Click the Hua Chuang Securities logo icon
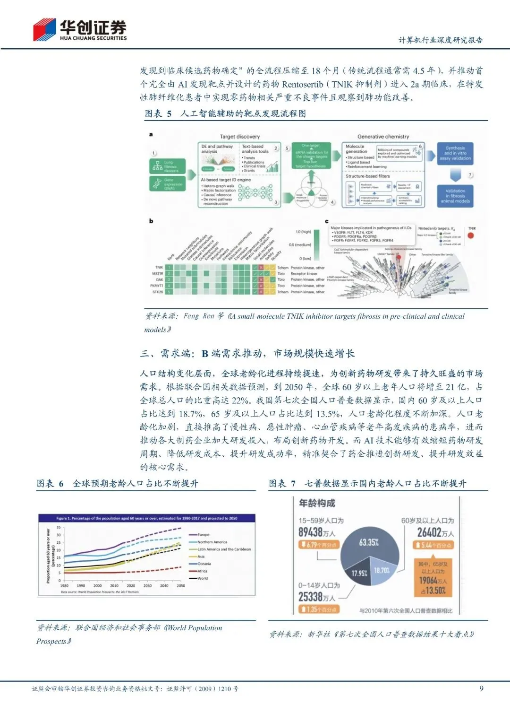tap(44, 29)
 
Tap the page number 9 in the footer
tap(481, 688)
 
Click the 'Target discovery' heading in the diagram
tap(239, 137)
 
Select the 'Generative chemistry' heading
tap(383, 137)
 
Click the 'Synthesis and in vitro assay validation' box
tap(455, 154)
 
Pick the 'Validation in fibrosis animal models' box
tap(455, 196)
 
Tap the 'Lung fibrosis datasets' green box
tap(168, 166)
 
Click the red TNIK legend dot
tap(471, 235)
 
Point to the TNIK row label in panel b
tap(159, 268)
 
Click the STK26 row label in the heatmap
tap(158, 292)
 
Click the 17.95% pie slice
tap(359, 573)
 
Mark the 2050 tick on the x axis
tap(181, 586)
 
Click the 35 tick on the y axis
tap(59, 527)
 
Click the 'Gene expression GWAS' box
tap(168, 184)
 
